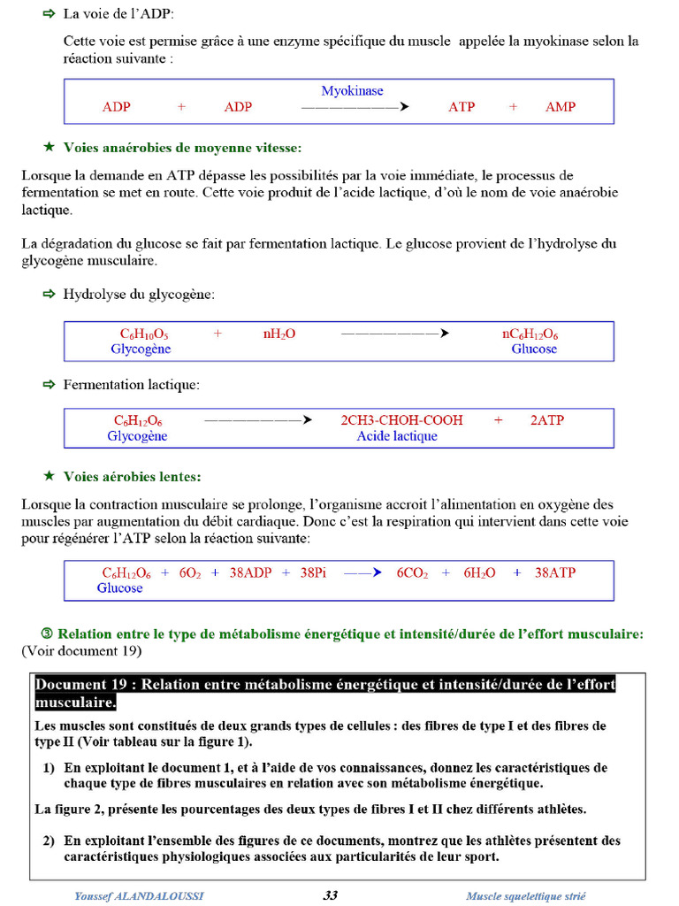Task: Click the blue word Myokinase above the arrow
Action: tap(352, 91)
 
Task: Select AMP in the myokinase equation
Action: tap(560, 107)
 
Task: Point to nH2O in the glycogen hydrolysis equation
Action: tap(278, 334)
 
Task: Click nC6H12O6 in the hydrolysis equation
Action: tap(530, 334)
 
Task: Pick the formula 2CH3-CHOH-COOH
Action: tap(401, 420)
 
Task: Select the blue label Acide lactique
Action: tap(397, 436)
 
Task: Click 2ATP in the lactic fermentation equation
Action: tap(546, 420)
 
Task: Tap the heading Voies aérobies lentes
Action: tap(132, 477)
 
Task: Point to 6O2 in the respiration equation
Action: tap(190, 572)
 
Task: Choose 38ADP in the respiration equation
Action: tap(250, 572)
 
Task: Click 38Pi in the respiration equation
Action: tap(313, 572)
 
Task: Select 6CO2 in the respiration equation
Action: tap(412, 572)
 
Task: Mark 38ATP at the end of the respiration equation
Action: tap(554, 572)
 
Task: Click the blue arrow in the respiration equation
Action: tap(362, 572)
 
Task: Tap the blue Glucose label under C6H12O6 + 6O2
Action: tap(119, 588)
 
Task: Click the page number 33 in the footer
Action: tap(330, 895)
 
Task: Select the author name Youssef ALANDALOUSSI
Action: tap(139, 896)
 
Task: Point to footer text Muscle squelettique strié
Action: tap(525, 896)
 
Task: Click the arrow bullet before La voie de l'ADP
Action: tap(49, 15)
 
